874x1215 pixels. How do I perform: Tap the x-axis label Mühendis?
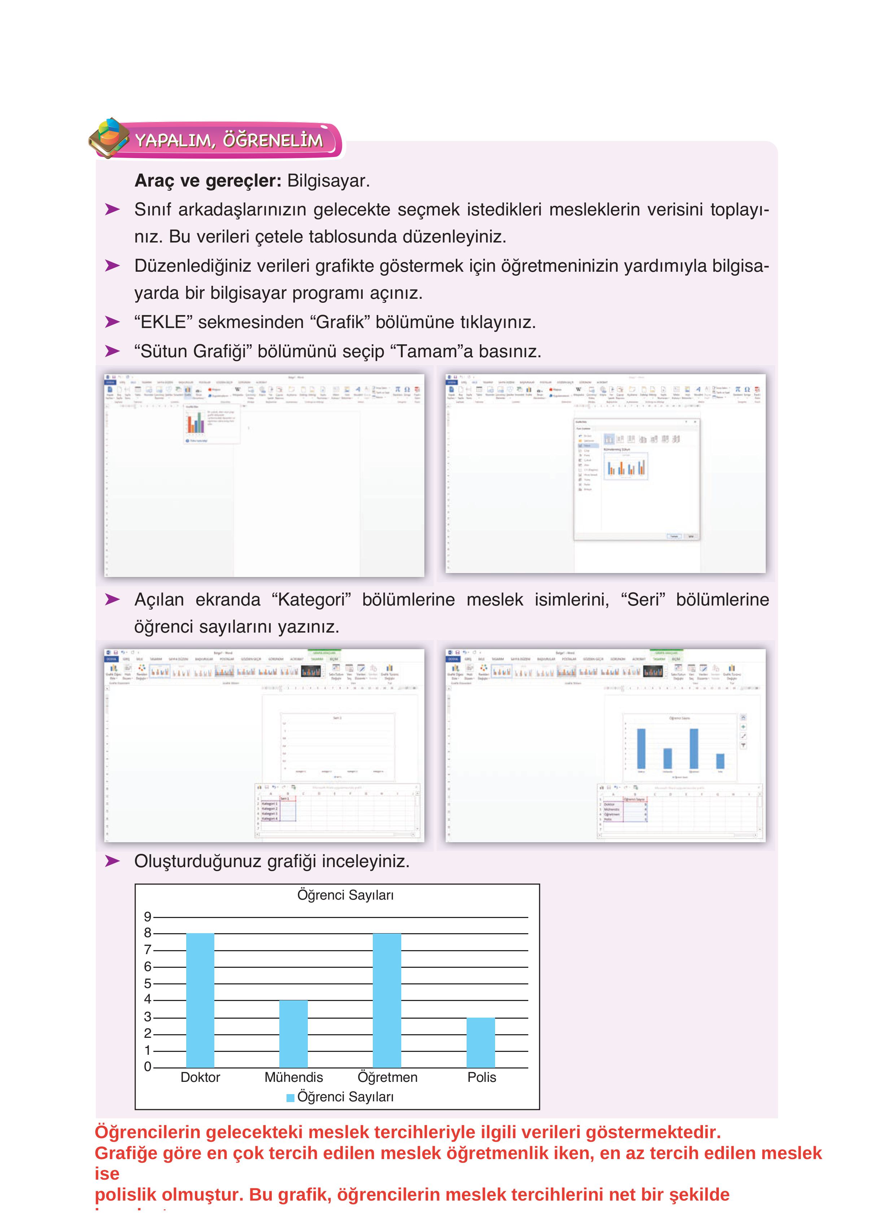click(x=294, y=1077)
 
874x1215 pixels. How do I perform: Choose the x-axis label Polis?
click(x=481, y=1077)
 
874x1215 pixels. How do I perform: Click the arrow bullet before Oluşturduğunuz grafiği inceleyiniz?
click(x=112, y=861)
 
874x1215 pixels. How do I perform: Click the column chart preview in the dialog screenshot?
click(x=626, y=467)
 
